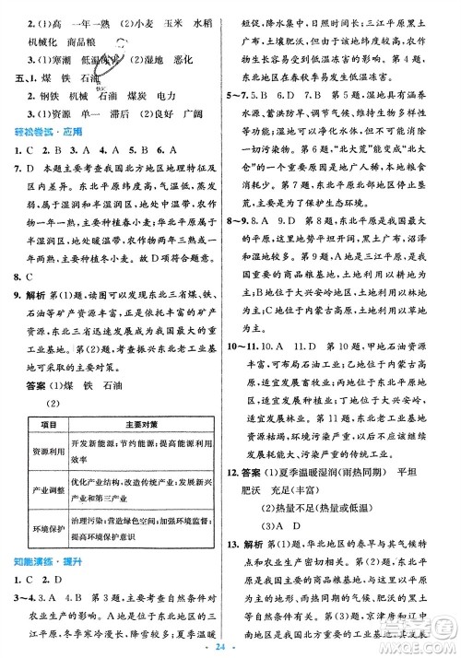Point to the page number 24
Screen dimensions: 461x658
(x=230, y=646)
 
